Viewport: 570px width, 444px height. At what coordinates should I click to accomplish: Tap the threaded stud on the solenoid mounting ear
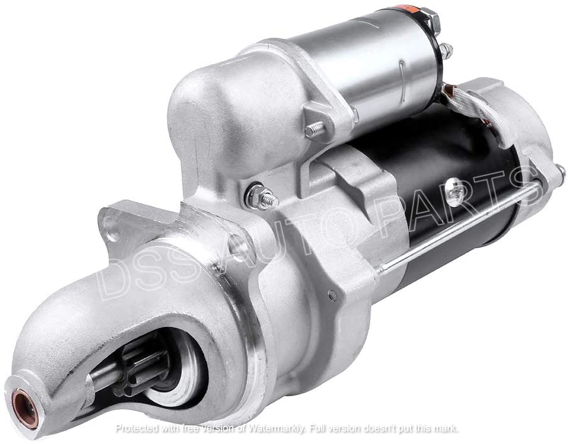312,131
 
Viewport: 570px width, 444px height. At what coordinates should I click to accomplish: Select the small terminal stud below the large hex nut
445,49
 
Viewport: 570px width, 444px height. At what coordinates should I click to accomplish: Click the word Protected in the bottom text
138,428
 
